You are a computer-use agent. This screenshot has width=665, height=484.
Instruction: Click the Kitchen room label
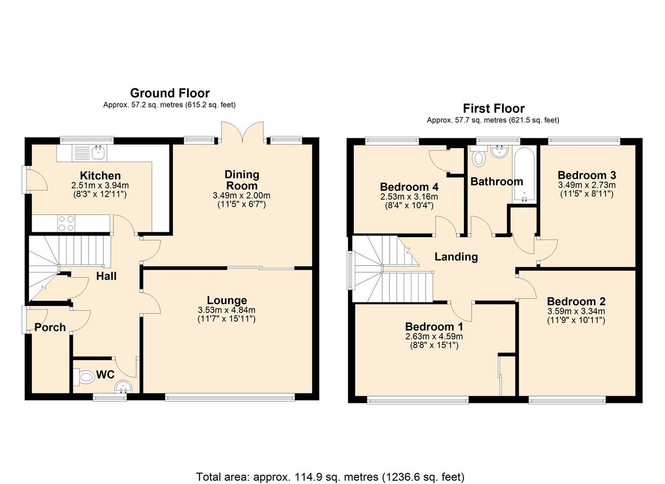(x=100, y=175)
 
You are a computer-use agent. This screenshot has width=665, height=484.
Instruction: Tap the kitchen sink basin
(x=98, y=153)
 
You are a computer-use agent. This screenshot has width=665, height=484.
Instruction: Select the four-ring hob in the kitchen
(x=66, y=223)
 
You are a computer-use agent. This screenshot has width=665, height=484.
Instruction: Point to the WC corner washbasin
(x=124, y=387)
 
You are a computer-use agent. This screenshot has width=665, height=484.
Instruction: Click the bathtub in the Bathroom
(x=524, y=175)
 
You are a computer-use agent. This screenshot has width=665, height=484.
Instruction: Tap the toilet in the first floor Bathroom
(x=478, y=156)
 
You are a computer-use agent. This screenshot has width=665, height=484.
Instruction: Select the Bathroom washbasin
(x=500, y=151)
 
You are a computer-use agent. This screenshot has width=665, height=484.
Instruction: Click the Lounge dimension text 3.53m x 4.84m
(x=227, y=310)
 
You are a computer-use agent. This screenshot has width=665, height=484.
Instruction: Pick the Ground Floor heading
(x=170, y=93)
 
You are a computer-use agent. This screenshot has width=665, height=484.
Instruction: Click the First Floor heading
(x=494, y=109)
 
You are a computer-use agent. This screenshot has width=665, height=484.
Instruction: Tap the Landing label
(x=456, y=257)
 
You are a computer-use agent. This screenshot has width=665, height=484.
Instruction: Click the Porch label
(x=50, y=327)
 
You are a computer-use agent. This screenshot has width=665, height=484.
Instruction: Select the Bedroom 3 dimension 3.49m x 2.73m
(x=587, y=185)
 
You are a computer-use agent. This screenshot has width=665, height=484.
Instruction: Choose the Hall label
(x=107, y=276)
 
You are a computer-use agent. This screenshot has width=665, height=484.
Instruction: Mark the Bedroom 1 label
(x=434, y=326)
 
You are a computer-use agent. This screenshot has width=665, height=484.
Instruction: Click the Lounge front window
(x=230, y=397)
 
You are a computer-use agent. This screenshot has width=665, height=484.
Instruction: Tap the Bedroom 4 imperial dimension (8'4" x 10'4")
(x=409, y=205)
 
